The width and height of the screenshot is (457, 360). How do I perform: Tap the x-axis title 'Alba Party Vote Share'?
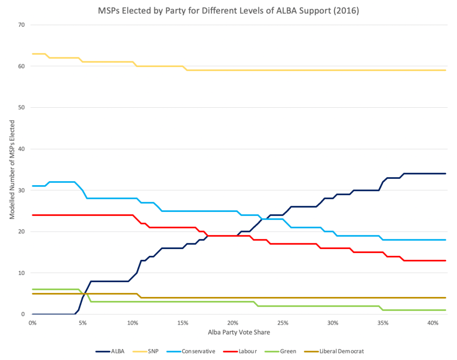[239, 332]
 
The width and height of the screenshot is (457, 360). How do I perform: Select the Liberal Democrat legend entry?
[332, 351]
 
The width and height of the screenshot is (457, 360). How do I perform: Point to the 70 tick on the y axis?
[21, 25]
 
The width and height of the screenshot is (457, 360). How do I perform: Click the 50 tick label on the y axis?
[21, 107]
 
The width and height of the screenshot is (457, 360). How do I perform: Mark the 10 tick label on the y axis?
[21, 273]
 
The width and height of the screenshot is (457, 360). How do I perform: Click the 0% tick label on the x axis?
[32, 323]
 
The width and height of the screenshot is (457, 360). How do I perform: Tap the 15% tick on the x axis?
[182, 323]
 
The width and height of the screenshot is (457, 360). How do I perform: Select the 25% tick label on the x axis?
[282, 323]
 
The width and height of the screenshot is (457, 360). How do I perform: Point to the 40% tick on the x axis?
[432, 323]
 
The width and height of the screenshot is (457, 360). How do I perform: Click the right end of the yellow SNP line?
[445, 70]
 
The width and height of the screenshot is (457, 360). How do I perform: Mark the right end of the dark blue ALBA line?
[445, 174]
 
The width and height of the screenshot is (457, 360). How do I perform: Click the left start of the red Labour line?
[33, 215]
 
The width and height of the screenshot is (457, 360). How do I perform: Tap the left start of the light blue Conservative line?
[33, 186]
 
